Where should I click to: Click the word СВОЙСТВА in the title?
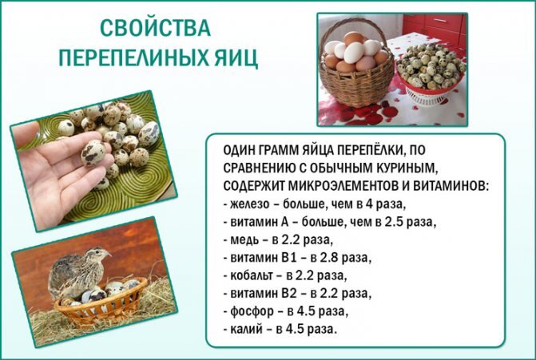click(156, 29)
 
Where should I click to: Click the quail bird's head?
click(97, 256)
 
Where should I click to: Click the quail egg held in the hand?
click(93, 151)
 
